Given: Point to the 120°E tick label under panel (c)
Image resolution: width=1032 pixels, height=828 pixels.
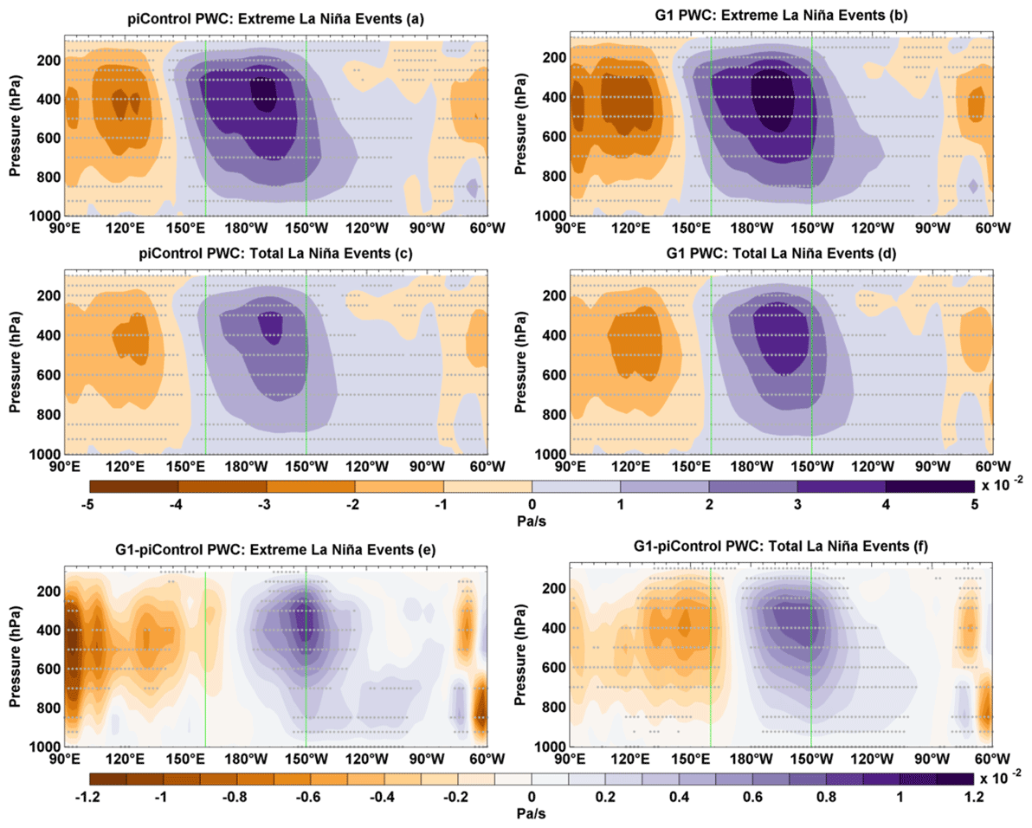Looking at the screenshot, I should [125, 468].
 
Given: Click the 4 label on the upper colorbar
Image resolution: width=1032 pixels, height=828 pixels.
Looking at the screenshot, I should [886, 505].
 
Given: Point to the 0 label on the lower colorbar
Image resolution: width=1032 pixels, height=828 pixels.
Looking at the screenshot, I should [532, 796].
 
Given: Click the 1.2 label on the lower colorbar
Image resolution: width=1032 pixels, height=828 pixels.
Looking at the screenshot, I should [976, 796].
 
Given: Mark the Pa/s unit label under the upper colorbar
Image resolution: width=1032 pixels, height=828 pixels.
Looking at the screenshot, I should [532, 522].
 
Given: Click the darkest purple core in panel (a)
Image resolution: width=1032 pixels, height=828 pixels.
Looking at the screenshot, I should [263, 91].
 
